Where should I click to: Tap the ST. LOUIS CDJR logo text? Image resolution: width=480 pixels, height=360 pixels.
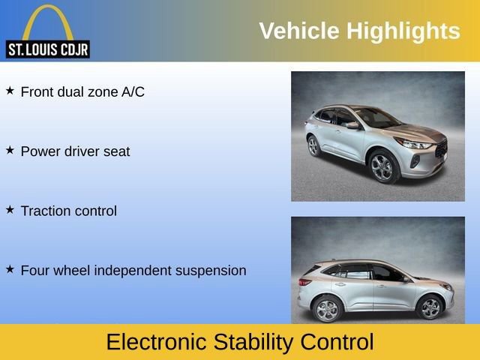[x=48, y=49]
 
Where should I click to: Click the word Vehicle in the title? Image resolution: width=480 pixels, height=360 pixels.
[x=299, y=31]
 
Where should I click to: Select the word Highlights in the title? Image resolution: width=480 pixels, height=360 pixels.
[x=403, y=31]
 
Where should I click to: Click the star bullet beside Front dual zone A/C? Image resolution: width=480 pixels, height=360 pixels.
[x=10, y=91]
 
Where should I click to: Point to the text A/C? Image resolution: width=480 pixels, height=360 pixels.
[x=133, y=91]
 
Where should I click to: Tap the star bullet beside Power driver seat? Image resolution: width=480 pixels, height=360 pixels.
[x=10, y=150]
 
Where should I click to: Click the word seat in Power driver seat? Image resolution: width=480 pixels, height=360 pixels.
[x=117, y=151]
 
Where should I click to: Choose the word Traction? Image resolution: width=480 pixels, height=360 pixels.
[x=45, y=211]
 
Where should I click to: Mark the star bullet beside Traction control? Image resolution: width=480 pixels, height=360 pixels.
[x=10, y=210]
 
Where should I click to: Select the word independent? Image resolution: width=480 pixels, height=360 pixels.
[x=133, y=271]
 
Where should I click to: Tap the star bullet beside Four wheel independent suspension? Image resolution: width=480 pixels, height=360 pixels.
[x=10, y=269]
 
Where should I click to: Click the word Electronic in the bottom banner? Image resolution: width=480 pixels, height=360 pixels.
[x=157, y=342]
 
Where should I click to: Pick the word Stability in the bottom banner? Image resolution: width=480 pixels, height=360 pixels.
[x=253, y=343]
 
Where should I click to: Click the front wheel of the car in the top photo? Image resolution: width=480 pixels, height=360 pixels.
[x=382, y=166]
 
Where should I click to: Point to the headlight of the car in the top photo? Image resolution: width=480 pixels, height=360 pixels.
[x=414, y=143]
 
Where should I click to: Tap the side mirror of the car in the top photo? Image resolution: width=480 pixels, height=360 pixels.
[x=353, y=125]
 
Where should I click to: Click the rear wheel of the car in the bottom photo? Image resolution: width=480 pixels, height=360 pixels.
[x=327, y=310]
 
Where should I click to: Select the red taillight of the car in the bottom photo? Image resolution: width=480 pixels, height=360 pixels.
[x=305, y=282]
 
